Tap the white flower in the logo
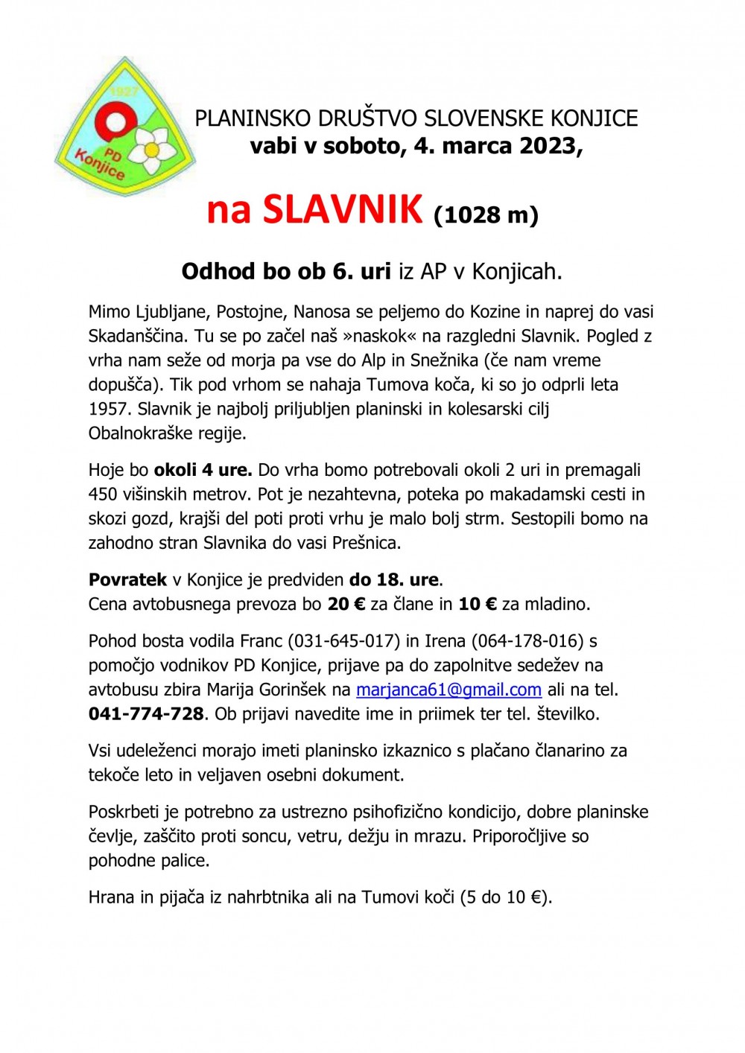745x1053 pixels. point(154,149)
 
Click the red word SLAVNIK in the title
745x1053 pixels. point(343,209)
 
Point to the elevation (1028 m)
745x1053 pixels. point(486,214)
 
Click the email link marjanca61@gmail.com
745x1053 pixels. point(448,690)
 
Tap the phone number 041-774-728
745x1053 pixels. point(146,714)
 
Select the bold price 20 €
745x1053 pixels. point(346,604)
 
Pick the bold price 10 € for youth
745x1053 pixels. point(478,604)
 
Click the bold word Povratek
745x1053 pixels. point(127,579)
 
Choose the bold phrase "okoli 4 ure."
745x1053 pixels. point(203,470)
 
